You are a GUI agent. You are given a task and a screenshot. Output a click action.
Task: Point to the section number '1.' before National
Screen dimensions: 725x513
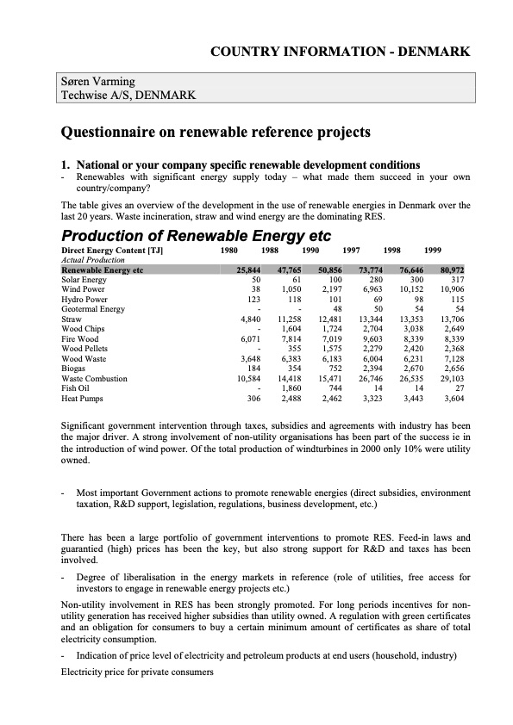(65, 164)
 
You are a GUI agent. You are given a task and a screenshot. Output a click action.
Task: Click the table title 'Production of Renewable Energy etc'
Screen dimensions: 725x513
(196, 236)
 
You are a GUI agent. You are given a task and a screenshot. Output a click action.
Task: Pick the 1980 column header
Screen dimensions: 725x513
(229, 250)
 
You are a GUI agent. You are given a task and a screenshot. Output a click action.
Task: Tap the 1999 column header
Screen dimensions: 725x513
(433, 250)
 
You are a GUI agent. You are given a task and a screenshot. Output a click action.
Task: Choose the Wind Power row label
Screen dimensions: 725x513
(84, 289)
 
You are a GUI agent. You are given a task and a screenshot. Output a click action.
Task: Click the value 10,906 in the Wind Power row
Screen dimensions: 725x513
(452, 289)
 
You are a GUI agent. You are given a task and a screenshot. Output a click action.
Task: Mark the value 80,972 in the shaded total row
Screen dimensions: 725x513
(452, 270)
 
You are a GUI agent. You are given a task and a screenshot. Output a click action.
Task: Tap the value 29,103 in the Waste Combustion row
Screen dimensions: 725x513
(452, 379)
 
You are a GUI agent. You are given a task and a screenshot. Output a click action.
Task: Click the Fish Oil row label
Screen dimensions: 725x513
(77, 388)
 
